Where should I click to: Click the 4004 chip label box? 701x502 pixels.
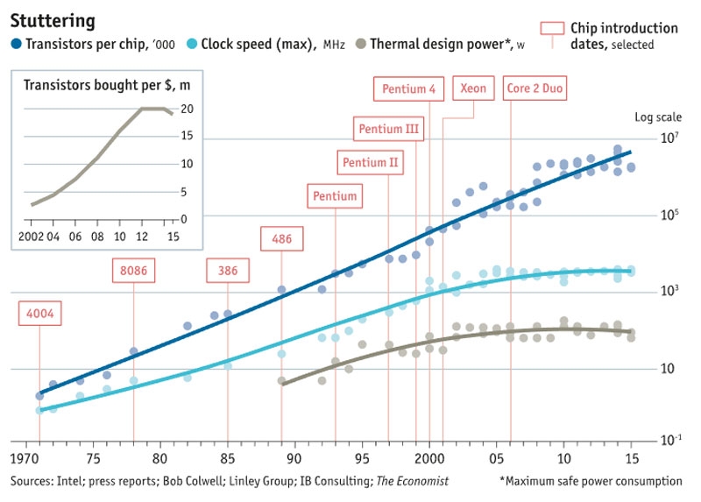(39, 314)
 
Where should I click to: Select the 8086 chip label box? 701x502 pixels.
(133, 271)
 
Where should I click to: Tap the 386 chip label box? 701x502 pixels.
(228, 271)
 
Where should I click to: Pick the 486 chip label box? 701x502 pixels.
(281, 238)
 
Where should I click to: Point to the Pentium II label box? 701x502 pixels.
(370, 162)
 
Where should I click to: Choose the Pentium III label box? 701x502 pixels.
(388, 129)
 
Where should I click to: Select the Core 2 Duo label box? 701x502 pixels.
(535, 89)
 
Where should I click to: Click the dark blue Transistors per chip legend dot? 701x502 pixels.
(16, 43)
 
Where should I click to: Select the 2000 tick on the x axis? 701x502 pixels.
(429, 459)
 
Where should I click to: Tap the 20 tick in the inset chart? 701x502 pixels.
(187, 109)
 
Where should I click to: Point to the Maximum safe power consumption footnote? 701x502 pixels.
(591, 481)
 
